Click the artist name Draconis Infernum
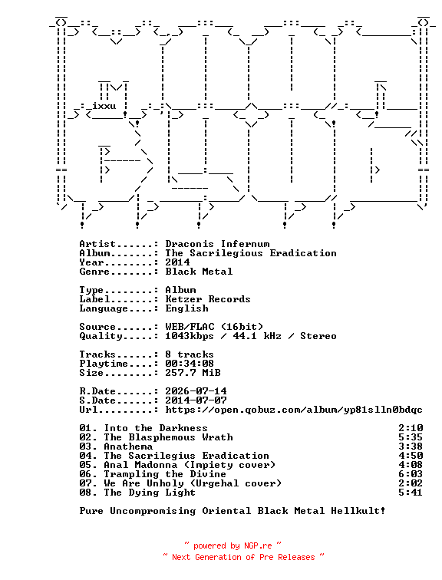coord(217,244)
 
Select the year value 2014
coord(177,262)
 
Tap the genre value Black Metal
coord(199,272)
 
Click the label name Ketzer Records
coord(208,299)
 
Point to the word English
coord(186,308)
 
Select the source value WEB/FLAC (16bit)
coord(214,327)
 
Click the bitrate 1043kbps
coord(190,336)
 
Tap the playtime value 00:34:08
coord(190,364)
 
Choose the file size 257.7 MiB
coord(193,373)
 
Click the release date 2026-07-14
coord(196,391)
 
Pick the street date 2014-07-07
coord(196,400)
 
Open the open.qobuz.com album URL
coord(294,410)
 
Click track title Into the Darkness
coord(156,428)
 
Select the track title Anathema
coord(128,447)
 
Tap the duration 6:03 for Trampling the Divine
coord(411,474)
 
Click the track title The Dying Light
coord(150,493)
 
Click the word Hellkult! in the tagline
coord(358,511)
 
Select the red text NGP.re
coord(258,545)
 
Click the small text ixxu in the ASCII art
coord(104,106)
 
